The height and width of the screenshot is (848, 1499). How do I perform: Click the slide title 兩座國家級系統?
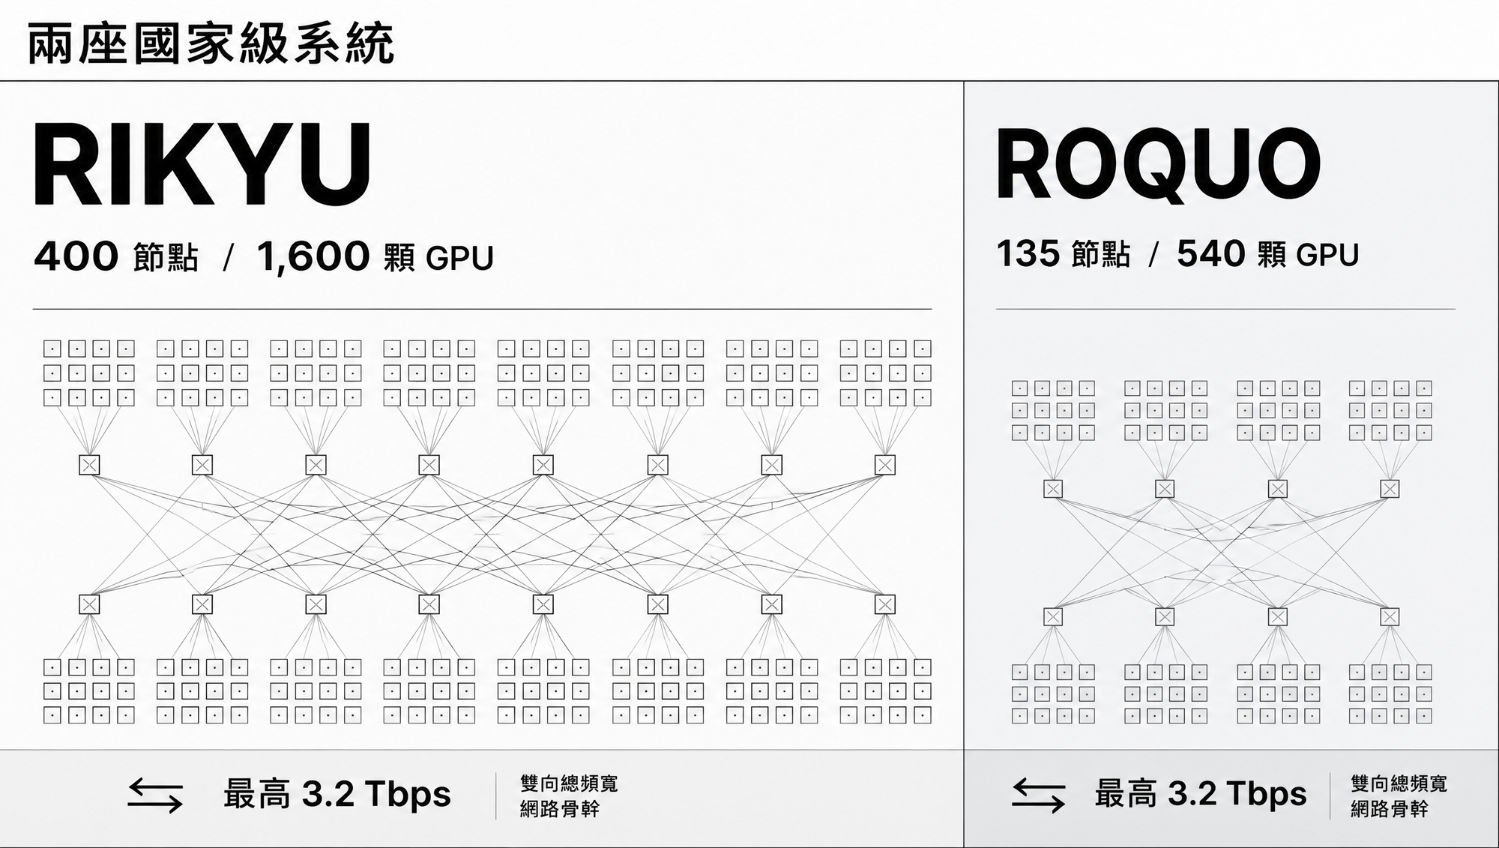coord(211,44)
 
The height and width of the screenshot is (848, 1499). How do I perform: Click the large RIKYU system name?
coord(202,164)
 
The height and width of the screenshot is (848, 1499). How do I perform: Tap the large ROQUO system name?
coord(1158,165)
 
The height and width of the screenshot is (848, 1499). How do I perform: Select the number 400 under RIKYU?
coord(76,256)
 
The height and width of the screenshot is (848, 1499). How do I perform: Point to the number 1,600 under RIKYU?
coord(313,257)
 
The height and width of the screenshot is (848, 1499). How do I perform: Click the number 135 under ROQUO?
coord(1028,253)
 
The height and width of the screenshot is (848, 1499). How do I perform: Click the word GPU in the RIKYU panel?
coord(459,258)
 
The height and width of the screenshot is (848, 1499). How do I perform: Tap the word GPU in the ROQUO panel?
coord(1327,255)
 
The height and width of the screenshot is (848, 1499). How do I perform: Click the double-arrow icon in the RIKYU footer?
coord(155,796)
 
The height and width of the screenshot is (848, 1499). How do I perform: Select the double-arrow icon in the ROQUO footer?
coord(1038,796)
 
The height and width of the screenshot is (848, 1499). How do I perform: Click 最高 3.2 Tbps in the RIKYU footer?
coord(337,795)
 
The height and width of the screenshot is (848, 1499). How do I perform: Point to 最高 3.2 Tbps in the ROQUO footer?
coord(1201,795)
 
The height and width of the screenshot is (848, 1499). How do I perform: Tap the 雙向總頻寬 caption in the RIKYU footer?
coord(569,784)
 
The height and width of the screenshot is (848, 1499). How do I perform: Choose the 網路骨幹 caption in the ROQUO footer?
coord(1390,809)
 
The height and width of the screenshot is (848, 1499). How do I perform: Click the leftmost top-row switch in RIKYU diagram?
coord(89,465)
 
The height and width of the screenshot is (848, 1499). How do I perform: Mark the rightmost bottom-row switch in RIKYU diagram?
coord(885,604)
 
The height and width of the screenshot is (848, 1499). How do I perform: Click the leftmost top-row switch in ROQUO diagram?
coord(1053,489)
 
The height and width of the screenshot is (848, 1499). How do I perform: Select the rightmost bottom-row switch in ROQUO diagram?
coord(1390,616)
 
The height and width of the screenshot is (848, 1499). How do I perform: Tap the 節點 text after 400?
coord(166,258)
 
